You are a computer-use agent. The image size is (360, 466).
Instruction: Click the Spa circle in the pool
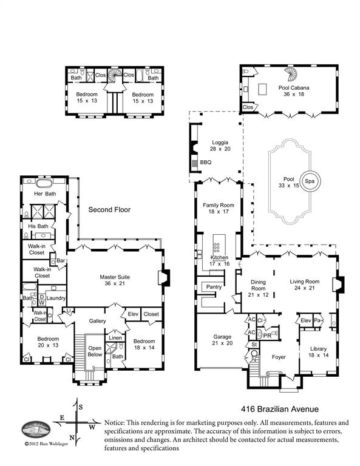[x=310, y=181]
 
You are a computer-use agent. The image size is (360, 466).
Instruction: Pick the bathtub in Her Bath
[x=44, y=183]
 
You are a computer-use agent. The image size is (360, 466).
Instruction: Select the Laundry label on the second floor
[x=56, y=298]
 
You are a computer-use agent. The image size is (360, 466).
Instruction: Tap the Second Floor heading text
[x=109, y=210]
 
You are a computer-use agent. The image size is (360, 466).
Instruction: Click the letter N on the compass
[x=72, y=437]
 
